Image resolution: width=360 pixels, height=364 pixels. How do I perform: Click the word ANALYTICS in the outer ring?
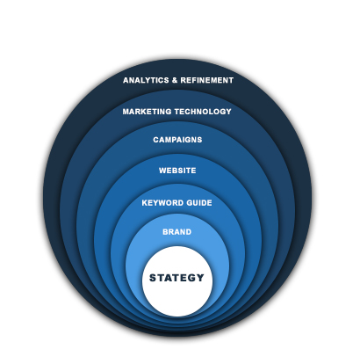(x=146, y=80)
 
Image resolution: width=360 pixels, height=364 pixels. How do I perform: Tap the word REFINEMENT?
(x=207, y=80)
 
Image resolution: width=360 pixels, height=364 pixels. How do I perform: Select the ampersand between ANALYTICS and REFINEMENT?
(x=175, y=80)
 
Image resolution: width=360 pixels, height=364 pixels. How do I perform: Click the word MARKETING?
(x=147, y=112)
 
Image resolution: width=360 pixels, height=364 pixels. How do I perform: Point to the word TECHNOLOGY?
(x=203, y=112)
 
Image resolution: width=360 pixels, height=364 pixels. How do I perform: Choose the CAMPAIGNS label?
(x=177, y=140)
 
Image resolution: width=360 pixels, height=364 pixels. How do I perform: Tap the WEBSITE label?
(x=177, y=171)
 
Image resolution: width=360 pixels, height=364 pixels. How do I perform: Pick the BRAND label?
(x=177, y=232)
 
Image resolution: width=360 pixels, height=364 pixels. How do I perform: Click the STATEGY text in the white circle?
(x=176, y=278)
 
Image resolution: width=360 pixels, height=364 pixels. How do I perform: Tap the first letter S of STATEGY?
(x=153, y=278)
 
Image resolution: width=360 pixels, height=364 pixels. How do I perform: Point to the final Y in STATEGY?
(x=200, y=278)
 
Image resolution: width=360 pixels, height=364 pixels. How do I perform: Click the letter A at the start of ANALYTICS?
(x=126, y=80)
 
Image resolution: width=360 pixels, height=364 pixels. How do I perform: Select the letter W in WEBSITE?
(x=162, y=171)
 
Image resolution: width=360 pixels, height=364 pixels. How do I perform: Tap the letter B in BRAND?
(x=165, y=232)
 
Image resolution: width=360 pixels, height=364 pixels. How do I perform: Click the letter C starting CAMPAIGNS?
(x=156, y=140)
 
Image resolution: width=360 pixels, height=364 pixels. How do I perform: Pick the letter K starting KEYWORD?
(x=145, y=203)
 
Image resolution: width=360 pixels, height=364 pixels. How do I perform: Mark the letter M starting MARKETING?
(x=126, y=112)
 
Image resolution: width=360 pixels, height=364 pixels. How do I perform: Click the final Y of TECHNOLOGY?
(x=228, y=112)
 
